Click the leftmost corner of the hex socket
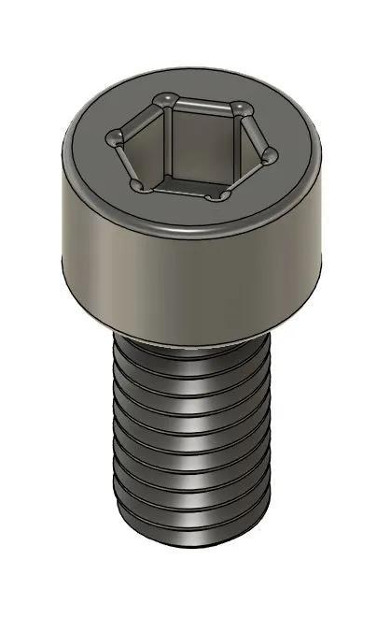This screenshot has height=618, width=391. (117, 139)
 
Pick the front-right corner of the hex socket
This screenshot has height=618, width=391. (220, 194)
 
